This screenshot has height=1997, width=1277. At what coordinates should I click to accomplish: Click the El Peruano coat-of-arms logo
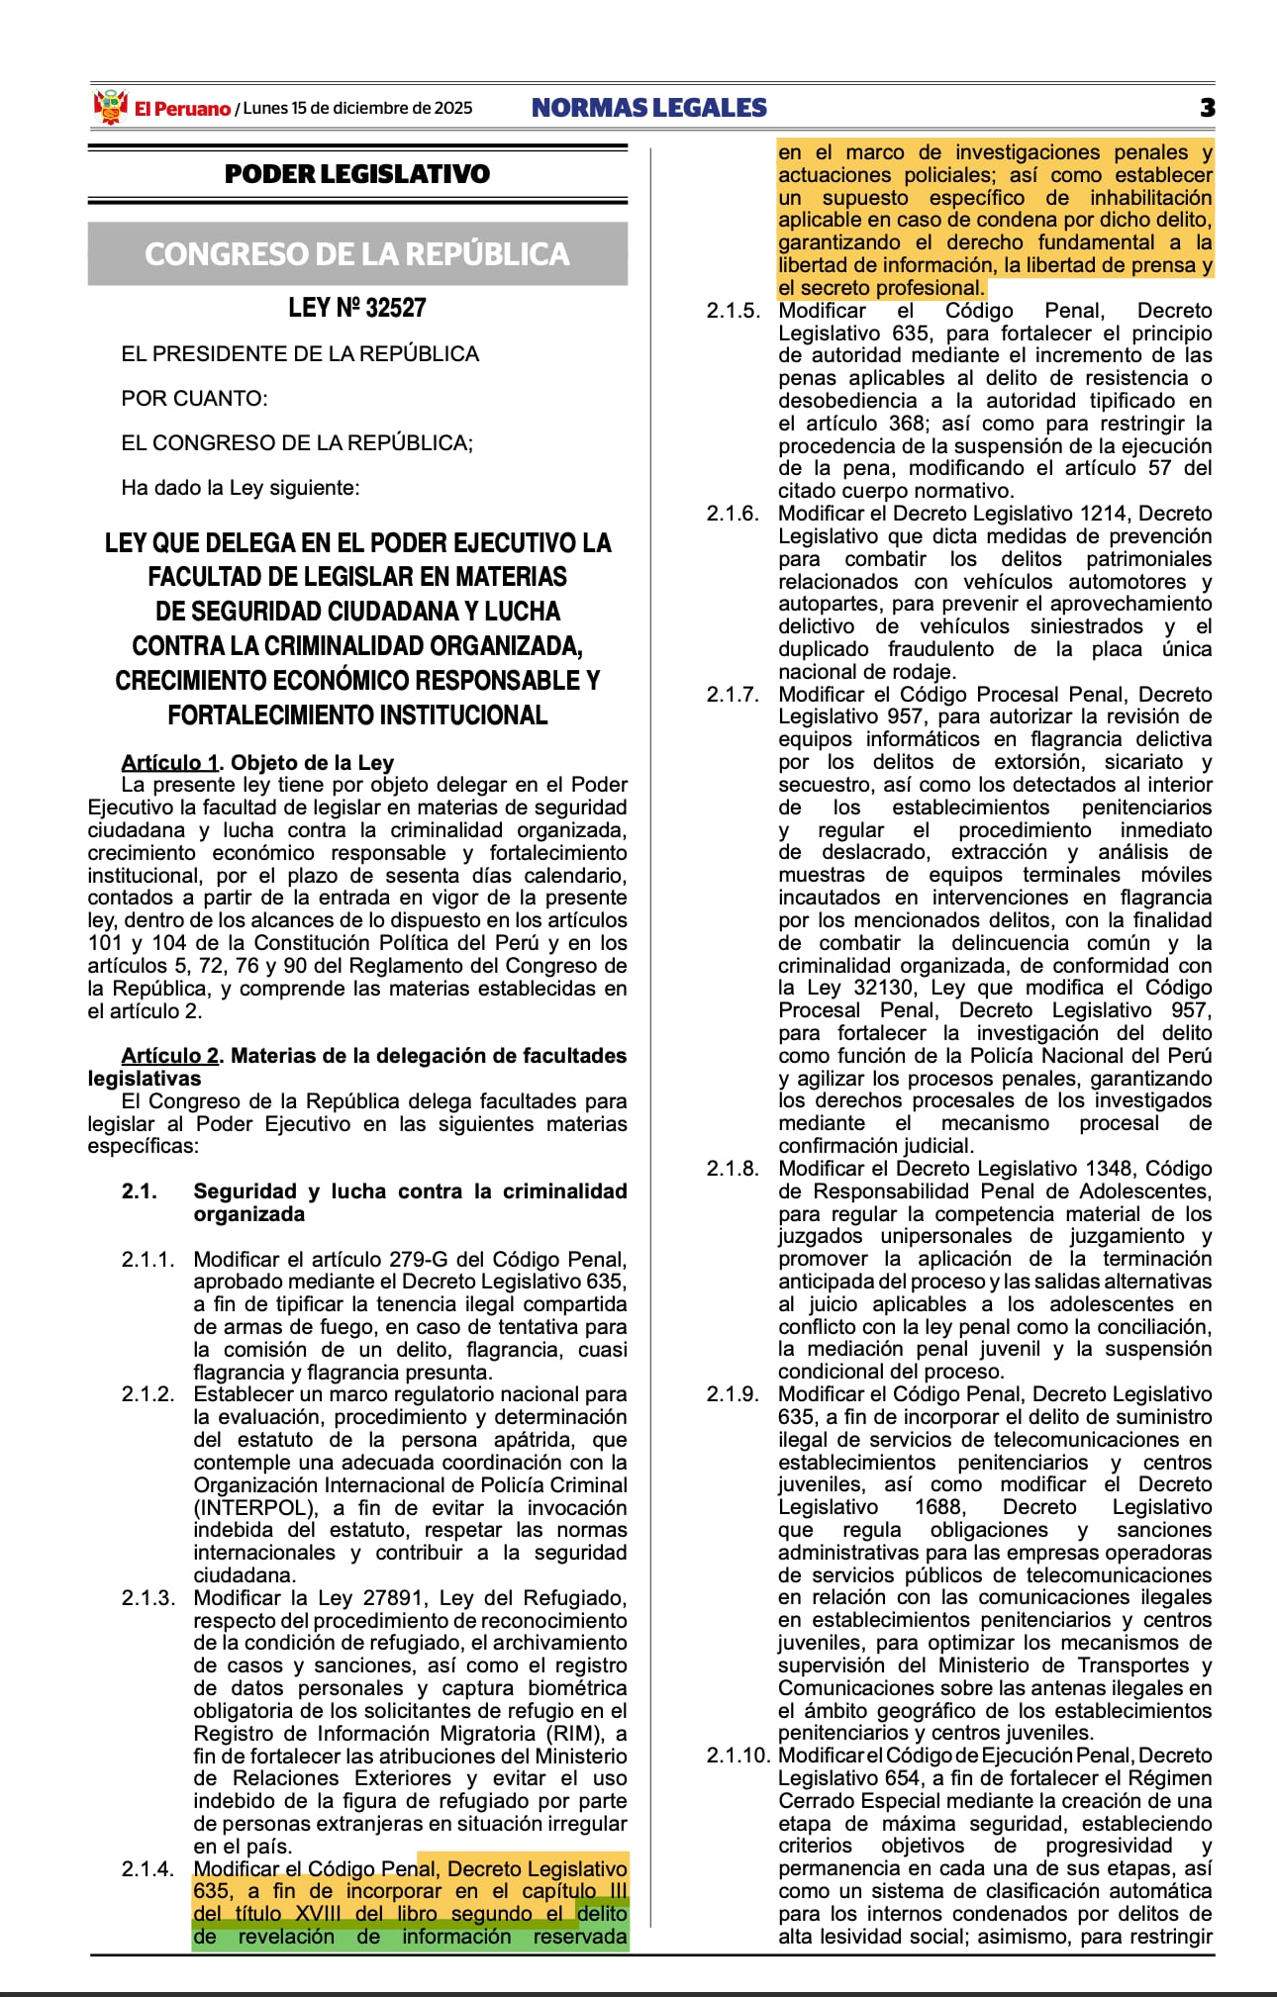point(111,107)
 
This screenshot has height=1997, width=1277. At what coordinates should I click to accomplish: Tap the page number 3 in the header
point(1207,108)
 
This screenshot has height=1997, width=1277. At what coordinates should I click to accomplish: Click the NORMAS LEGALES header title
point(649,108)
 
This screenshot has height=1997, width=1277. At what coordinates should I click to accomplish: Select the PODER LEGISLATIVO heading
point(357,174)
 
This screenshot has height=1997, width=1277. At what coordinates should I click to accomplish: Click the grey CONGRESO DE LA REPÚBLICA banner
point(357,254)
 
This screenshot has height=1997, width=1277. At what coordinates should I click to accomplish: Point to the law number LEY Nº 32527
point(357,308)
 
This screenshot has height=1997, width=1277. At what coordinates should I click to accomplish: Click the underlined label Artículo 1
point(169,762)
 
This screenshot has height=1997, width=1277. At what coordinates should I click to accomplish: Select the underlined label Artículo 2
point(170,1056)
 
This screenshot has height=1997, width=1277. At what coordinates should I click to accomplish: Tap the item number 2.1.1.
point(147,1260)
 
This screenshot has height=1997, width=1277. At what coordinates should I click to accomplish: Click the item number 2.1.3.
point(147,1598)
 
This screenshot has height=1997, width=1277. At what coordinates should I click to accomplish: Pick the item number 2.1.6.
point(733,514)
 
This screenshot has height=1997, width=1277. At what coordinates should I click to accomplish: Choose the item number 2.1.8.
point(733,1169)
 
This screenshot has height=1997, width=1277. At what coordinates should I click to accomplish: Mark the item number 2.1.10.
point(737,1756)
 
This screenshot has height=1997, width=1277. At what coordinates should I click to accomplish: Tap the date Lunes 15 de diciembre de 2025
point(357,108)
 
